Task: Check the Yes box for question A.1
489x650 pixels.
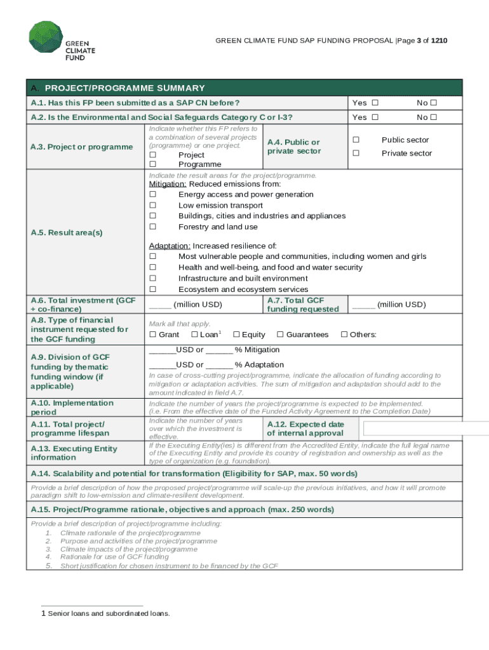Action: point(375,103)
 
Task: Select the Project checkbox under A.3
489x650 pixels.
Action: point(152,155)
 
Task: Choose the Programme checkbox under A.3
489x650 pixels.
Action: point(152,164)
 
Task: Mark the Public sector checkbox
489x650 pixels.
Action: point(356,140)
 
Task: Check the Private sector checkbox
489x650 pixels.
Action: point(356,153)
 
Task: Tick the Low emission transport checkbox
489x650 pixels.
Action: point(152,206)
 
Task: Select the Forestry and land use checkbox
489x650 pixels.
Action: point(152,227)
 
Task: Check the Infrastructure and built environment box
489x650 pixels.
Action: point(152,279)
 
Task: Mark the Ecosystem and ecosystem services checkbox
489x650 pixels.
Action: point(152,289)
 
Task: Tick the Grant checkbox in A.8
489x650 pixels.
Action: point(152,335)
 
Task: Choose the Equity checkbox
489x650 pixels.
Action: point(236,335)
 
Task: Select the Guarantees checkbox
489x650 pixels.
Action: point(279,335)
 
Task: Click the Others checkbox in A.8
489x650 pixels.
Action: point(344,335)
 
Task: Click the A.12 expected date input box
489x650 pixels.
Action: point(425,428)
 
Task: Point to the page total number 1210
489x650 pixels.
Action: point(439,41)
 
